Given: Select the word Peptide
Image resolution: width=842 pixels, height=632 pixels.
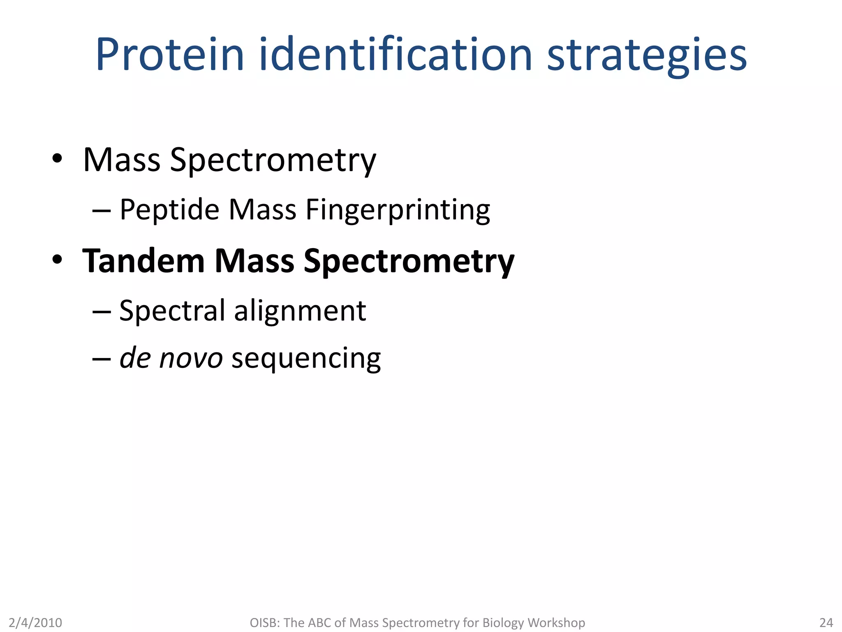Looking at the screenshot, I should (x=169, y=210).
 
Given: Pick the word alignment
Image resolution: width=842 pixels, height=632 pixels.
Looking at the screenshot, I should (x=300, y=311).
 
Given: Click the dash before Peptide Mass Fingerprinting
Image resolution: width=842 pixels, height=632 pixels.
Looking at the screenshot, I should (x=102, y=211).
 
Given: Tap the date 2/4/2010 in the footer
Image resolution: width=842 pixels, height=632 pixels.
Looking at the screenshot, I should (x=35, y=623).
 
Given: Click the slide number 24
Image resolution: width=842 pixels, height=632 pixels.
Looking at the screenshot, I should (x=826, y=623).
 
